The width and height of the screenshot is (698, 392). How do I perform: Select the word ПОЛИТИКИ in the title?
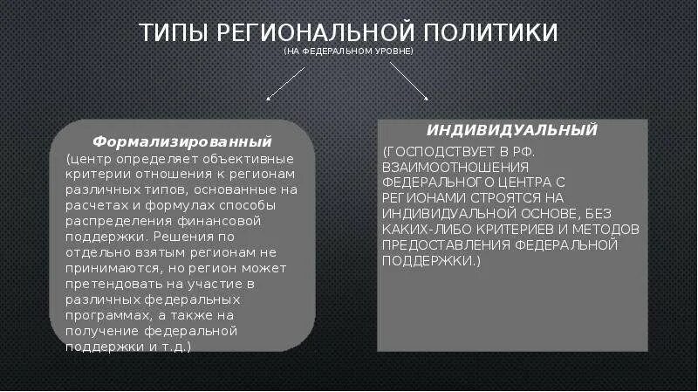tap(491, 33)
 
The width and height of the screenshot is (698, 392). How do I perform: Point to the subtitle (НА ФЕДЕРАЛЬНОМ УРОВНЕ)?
tap(348, 52)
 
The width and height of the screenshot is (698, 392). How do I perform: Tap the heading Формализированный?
tap(182, 141)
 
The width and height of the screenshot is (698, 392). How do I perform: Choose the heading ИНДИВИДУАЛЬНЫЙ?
tap(512, 129)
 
